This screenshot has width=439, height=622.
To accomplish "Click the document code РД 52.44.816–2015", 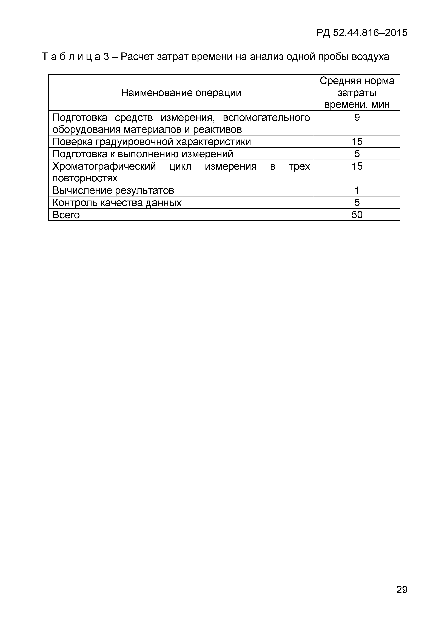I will click(x=362, y=33).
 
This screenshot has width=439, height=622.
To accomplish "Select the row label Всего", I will click(x=66, y=215).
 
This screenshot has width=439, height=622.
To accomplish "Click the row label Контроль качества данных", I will click(x=117, y=203).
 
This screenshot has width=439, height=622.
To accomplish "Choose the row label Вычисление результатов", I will click(x=113, y=190).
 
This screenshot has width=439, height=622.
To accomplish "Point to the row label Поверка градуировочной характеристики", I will click(x=152, y=142).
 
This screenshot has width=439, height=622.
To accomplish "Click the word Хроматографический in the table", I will click(x=104, y=166).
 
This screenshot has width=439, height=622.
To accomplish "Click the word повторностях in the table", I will click(x=85, y=178).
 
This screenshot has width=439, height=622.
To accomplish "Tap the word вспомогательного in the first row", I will click(x=266, y=118).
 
